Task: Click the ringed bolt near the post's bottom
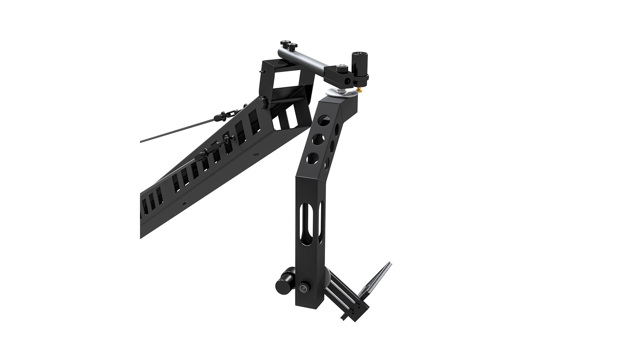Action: [304, 288]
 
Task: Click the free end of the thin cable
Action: [141, 141]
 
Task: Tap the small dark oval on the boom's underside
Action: [184, 203]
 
